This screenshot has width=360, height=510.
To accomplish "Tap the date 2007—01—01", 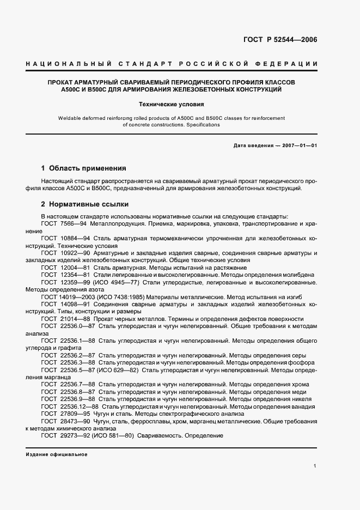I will click(x=298, y=146).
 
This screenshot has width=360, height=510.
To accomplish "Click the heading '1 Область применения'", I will click(x=84, y=168).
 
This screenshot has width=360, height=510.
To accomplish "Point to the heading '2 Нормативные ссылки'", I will click(x=85, y=204).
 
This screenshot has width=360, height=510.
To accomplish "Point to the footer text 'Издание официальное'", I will click(x=57, y=454).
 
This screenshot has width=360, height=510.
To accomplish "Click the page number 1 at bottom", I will click(x=315, y=466).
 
